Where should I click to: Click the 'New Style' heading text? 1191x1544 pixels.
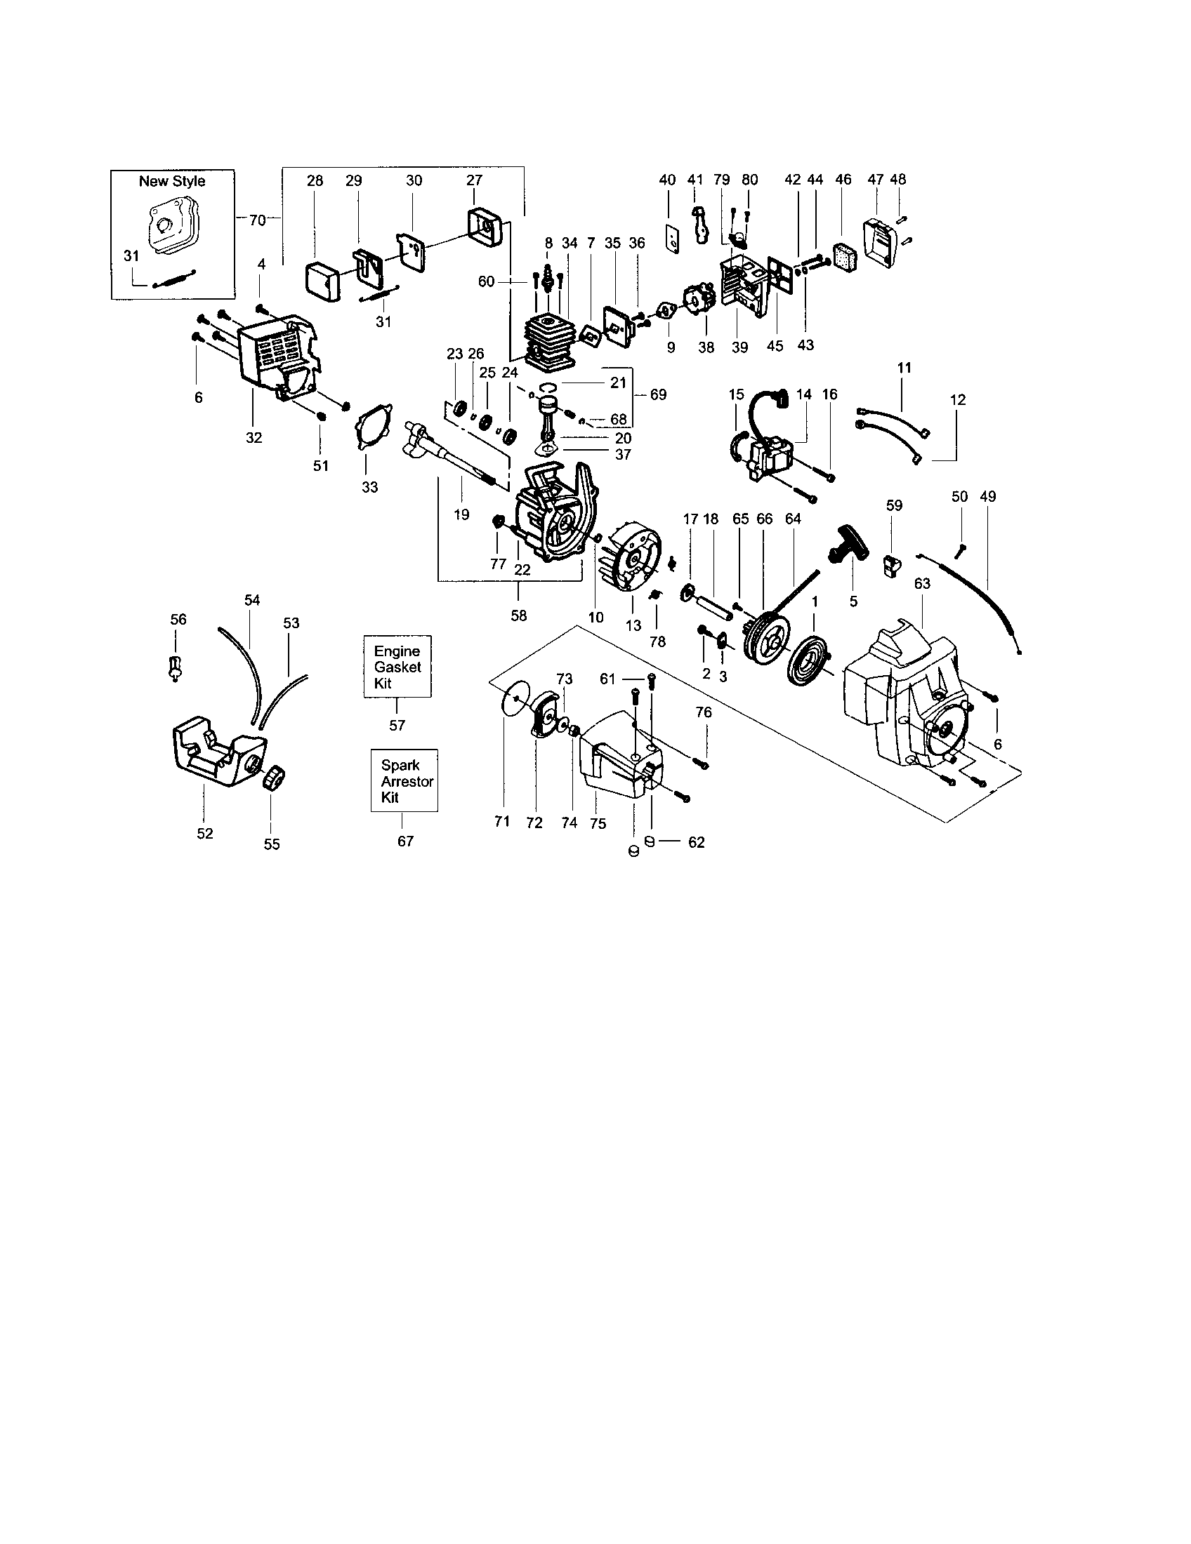pyautogui.click(x=172, y=181)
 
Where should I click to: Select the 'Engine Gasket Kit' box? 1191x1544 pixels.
pyautogui.click(x=397, y=667)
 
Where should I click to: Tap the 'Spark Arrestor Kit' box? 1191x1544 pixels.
pyautogui.click(x=404, y=780)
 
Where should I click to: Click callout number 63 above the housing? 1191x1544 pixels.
pyautogui.click(x=922, y=583)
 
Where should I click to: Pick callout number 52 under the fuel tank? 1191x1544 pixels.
pyautogui.click(x=204, y=834)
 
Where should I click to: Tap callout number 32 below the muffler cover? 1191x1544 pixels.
pyautogui.click(x=254, y=438)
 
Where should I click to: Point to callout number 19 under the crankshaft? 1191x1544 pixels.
pyautogui.click(x=461, y=514)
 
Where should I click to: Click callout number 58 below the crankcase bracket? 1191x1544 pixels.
pyautogui.click(x=518, y=615)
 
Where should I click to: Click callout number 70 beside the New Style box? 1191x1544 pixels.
pyautogui.click(x=258, y=220)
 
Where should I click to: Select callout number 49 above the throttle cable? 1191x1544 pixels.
pyautogui.click(x=987, y=497)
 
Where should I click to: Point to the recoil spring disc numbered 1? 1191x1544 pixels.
pyautogui.click(x=807, y=658)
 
